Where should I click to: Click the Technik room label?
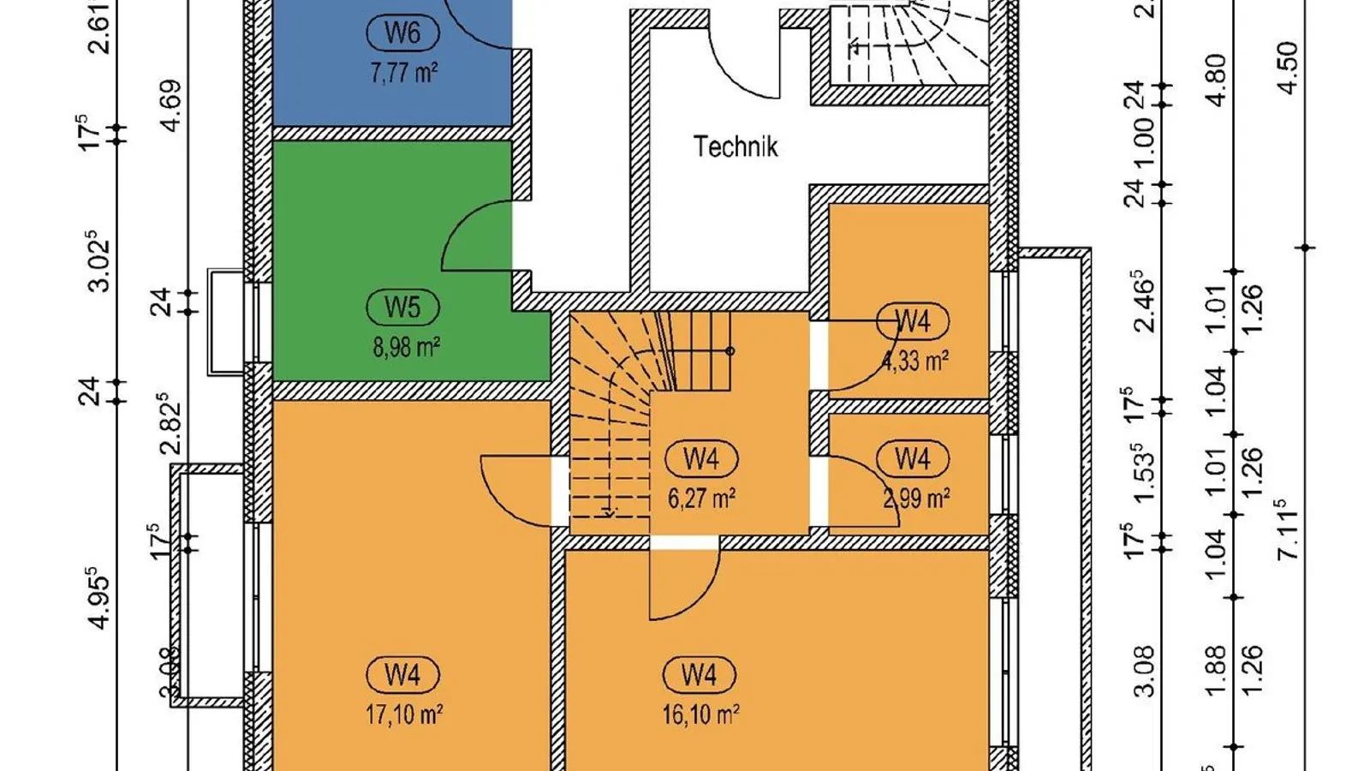736,146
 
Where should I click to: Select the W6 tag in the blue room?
402,33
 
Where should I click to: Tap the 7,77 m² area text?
403,72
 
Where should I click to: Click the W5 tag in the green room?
402,307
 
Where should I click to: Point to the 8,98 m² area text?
406,347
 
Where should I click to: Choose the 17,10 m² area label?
403,714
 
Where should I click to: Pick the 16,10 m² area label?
700,714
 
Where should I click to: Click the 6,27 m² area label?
701,498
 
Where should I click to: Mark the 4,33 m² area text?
915,361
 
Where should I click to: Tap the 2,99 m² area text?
916,498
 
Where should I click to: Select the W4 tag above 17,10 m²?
402,675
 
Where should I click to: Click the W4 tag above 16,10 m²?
700,675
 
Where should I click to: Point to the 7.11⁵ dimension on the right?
1287,530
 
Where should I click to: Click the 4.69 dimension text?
170,105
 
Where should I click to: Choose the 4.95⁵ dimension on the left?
99,598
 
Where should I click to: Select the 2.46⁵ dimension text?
1144,301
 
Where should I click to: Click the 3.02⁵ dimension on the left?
99,261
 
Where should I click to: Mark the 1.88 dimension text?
1216,666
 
